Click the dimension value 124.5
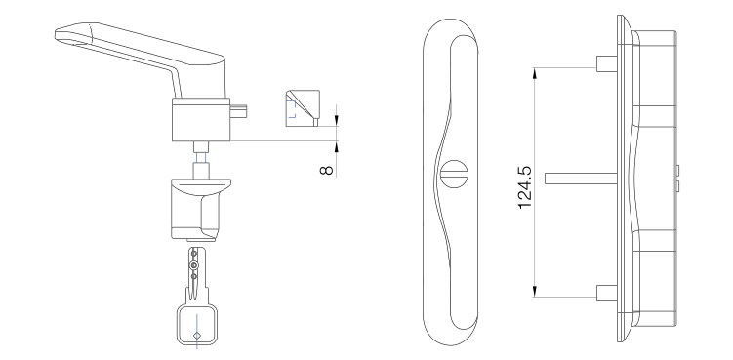[525, 187]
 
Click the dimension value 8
[327, 170]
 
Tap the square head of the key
[197, 324]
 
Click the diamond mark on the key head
[197, 335]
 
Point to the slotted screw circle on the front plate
[455, 175]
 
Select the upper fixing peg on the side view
[607, 63]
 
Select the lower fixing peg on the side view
[607, 293]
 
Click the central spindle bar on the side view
[581, 179]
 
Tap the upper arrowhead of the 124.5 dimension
[534, 74]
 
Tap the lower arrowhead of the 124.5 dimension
[534, 291]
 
